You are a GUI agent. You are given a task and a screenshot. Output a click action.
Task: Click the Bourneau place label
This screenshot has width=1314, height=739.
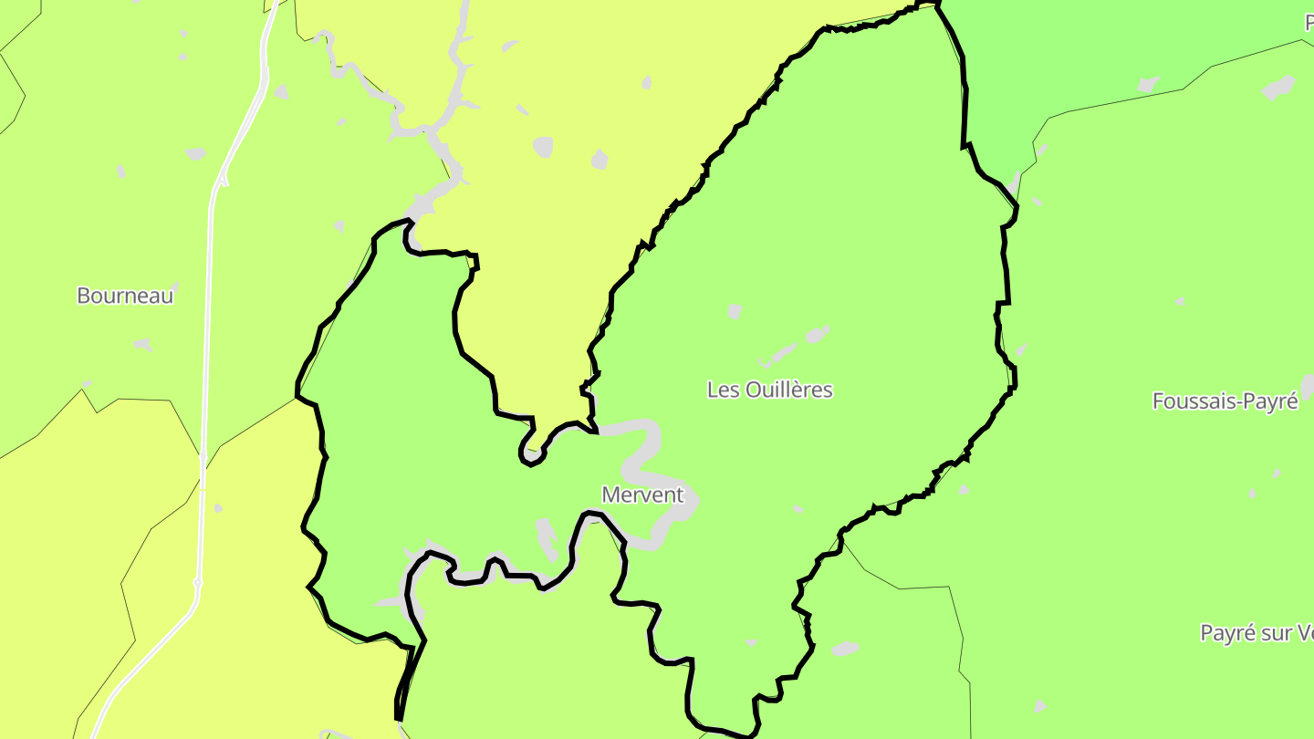coord(125,296)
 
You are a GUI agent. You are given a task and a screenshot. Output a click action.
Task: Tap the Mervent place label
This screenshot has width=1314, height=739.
coord(642,494)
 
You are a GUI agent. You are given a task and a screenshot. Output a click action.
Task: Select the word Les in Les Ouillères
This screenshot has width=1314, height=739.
coord(724,390)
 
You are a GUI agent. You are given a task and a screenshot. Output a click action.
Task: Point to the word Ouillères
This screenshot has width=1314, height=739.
coord(789,390)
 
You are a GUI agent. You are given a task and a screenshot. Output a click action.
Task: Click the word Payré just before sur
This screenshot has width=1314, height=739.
coord(1228,633)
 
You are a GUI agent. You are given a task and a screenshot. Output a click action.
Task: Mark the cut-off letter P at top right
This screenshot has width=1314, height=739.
coord(1309,24)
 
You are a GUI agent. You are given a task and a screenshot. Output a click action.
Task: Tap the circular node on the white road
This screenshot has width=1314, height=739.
coord(197,582)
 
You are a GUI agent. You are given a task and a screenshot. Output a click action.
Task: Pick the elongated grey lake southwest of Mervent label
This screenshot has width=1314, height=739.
coord(547,538)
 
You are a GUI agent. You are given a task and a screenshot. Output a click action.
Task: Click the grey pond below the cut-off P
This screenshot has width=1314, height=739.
coord(1277,88)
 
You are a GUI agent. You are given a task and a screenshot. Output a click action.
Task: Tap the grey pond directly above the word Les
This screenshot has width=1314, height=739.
coord(735,311)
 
